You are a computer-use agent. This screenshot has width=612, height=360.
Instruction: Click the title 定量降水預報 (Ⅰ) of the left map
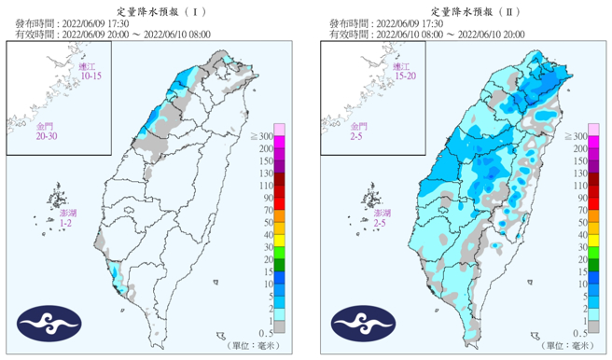(x=153, y=7)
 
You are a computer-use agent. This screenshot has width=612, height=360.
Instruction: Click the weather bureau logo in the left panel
(x=46, y=325)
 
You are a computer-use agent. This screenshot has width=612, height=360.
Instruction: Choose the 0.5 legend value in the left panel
(x=265, y=333)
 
